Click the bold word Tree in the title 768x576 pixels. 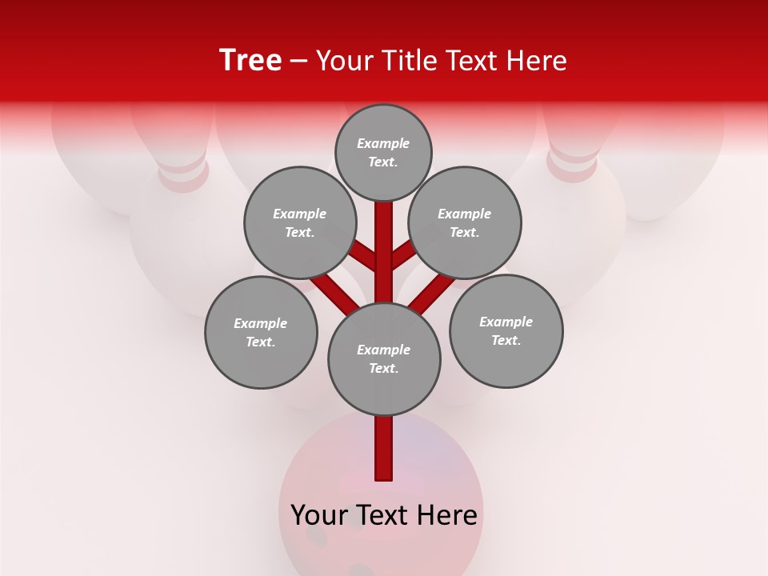click(250, 60)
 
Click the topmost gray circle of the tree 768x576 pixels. click(383, 152)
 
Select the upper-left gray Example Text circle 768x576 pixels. click(299, 222)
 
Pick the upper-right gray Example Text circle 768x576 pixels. click(465, 222)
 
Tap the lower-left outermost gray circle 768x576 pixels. click(261, 332)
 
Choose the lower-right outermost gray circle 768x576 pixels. click(506, 330)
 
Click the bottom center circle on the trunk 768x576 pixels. click(384, 359)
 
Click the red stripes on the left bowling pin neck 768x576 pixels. click(184, 172)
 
